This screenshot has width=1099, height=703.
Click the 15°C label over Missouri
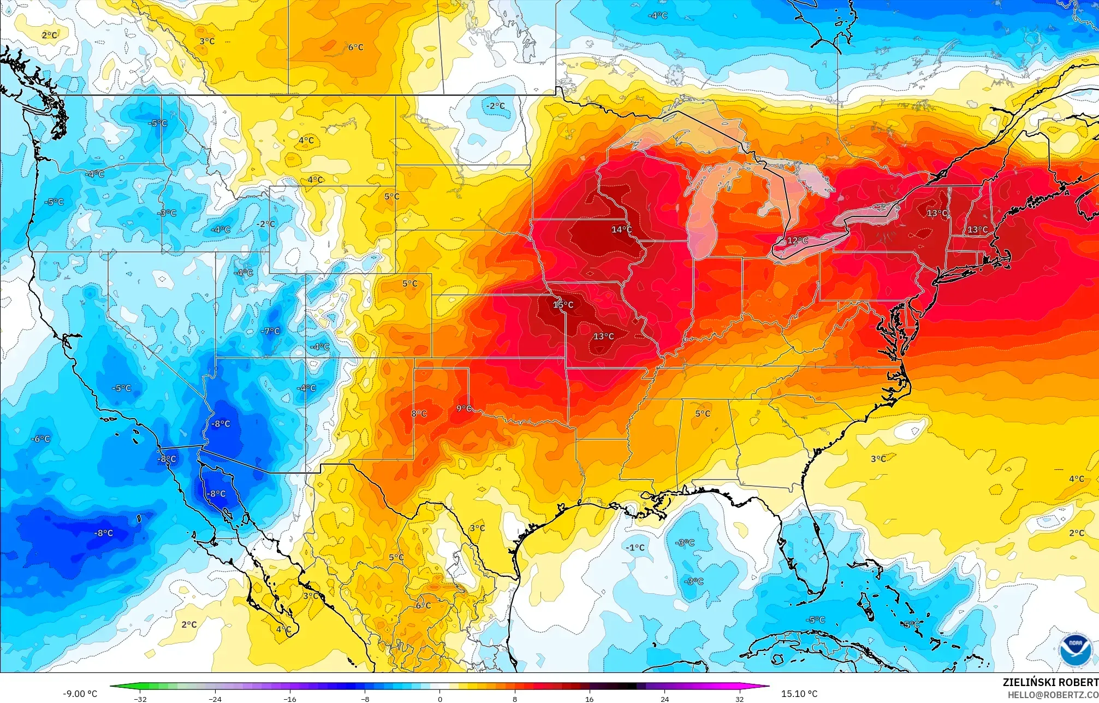pos(563,305)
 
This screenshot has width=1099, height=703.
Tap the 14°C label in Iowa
pos(621,229)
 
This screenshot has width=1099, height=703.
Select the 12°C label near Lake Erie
pos(797,240)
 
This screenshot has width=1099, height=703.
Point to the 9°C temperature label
pos(464,408)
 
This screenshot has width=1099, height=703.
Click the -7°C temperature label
pos(270,331)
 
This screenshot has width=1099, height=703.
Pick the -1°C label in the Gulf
pos(635,547)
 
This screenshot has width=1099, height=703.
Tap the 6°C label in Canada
pos(355,48)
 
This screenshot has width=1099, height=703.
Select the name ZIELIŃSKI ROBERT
pos(1050,682)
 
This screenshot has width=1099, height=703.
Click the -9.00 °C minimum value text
pos(80,694)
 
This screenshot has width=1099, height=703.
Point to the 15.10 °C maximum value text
pos(799,694)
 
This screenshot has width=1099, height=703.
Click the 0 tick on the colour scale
pos(439,699)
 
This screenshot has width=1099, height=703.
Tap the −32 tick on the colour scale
pos(140,699)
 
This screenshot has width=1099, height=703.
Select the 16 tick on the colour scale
pos(589,699)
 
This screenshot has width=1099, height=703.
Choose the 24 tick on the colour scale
pos(664,699)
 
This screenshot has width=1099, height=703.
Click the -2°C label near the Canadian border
pos(496,106)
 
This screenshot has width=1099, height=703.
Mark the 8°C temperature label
pos(419,413)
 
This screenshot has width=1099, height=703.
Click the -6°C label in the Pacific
pos(40,439)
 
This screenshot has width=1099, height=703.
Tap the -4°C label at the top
pos(657,16)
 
